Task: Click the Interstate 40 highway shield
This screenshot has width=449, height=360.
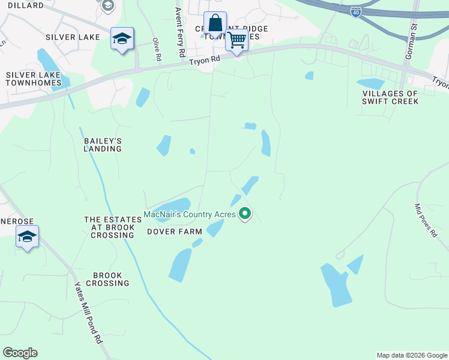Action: click(x=355, y=12)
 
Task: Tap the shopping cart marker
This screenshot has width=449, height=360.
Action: click(x=237, y=40)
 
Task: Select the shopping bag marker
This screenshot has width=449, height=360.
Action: click(x=215, y=24)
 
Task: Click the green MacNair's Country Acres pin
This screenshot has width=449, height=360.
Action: click(x=244, y=213)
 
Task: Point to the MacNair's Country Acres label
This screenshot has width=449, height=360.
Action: click(x=190, y=214)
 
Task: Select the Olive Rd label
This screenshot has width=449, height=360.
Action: click(x=158, y=49)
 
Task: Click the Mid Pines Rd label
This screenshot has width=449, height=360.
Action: click(x=426, y=220)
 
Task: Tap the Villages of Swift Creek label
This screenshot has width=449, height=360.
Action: click(x=390, y=97)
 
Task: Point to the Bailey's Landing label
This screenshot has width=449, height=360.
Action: click(x=103, y=145)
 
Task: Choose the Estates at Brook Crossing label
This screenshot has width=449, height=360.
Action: click(x=109, y=227)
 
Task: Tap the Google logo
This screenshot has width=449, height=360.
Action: click(x=20, y=353)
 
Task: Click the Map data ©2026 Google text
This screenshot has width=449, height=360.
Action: click(x=412, y=355)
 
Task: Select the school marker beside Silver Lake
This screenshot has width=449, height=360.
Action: click(x=122, y=40)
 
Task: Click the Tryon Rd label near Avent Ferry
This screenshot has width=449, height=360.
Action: click(x=205, y=61)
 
